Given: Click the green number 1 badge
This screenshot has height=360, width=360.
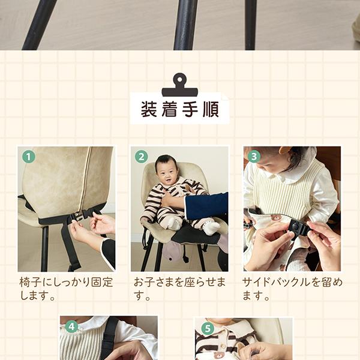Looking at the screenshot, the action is click(x=28, y=157).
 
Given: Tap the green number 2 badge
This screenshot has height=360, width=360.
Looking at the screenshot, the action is click(x=142, y=157).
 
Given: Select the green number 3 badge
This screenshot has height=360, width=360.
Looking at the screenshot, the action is click(x=254, y=157).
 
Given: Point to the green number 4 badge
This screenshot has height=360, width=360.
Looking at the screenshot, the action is click(x=71, y=326).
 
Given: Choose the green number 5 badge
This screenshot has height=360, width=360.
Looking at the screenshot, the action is click(x=208, y=329).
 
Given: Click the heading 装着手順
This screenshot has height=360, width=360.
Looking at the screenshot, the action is click(x=180, y=110).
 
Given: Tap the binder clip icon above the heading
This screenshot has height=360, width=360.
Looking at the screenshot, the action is click(x=180, y=85).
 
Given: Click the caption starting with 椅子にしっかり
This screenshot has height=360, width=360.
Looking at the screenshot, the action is click(x=66, y=289).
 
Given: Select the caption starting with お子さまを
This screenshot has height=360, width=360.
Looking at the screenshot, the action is click(x=180, y=289).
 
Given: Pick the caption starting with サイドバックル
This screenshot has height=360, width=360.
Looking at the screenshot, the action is click(x=292, y=289).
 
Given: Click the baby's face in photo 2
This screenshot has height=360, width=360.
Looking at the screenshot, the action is click(x=166, y=170).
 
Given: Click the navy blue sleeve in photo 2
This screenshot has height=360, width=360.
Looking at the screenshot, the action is click(x=206, y=205).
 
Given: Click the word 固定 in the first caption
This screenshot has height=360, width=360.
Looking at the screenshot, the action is click(x=103, y=283).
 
